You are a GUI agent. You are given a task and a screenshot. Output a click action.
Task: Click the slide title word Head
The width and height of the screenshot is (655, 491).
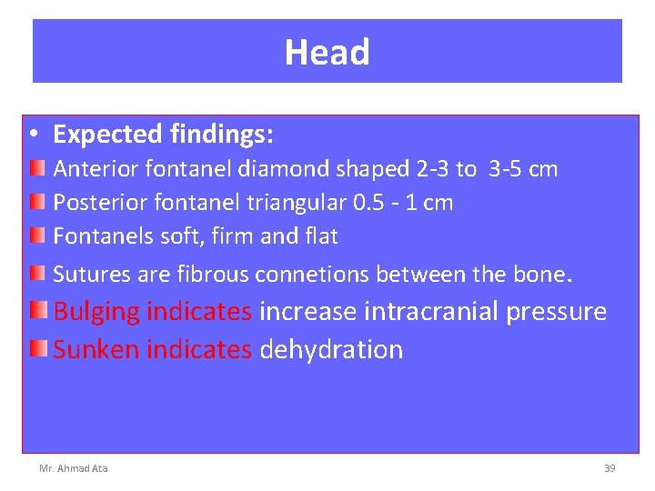(x=327, y=53)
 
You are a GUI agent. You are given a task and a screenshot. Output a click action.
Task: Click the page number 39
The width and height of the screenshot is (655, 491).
(x=610, y=468)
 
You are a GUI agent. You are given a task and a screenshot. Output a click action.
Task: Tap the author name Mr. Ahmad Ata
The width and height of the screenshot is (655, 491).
(x=73, y=468)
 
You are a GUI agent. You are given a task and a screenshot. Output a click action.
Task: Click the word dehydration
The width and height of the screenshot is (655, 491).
(x=331, y=349)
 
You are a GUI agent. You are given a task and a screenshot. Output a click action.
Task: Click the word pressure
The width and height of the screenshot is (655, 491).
(x=556, y=313)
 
